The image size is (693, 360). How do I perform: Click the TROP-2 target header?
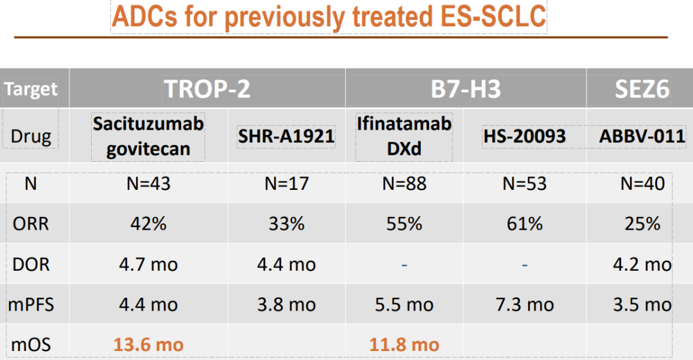click(x=207, y=89)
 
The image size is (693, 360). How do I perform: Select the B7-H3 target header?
click(x=466, y=89)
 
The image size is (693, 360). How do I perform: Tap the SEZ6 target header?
click(x=642, y=89)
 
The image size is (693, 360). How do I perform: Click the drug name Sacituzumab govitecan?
click(x=148, y=136)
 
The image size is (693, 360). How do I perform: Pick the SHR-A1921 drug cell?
click(x=286, y=136)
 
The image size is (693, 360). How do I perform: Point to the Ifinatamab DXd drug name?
click(x=404, y=136)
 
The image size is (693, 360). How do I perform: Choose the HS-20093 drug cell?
click(x=524, y=136)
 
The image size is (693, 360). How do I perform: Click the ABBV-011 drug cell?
click(x=642, y=136)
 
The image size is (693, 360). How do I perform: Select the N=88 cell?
click(x=404, y=184)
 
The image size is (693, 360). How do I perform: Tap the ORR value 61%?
click(x=524, y=223)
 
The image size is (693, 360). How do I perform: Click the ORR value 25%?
click(x=642, y=223)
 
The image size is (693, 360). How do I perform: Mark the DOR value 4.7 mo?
click(x=148, y=264)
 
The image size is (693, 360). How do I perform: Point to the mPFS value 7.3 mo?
click(x=524, y=305)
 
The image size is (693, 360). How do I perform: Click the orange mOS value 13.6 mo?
click(x=148, y=345)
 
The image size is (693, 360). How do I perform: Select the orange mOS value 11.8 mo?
click(x=404, y=345)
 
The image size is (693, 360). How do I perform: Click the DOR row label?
click(x=31, y=264)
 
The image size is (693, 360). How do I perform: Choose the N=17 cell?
click(x=286, y=184)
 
